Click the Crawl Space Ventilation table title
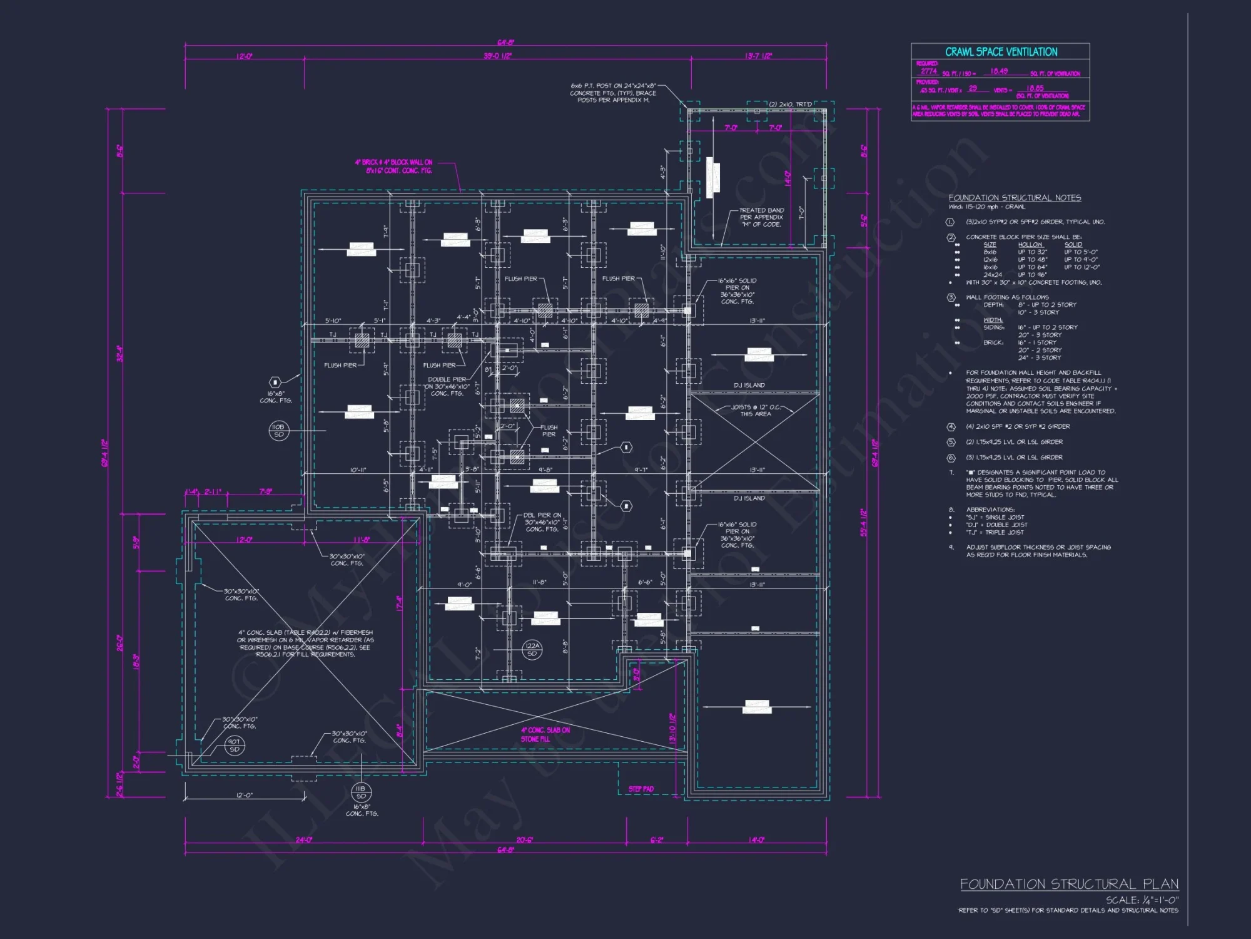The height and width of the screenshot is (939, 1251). [x=1001, y=52]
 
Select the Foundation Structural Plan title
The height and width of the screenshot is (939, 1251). [x=1069, y=884]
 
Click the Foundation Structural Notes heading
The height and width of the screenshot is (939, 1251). [x=1015, y=198]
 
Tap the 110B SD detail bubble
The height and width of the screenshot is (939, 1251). [x=278, y=431]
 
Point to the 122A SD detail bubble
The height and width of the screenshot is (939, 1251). [x=532, y=650]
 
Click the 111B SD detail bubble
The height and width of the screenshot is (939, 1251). [x=361, y=792]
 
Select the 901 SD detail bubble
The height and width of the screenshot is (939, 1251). [x=234, y=745]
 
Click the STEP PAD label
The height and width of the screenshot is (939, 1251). [x=641, y=789]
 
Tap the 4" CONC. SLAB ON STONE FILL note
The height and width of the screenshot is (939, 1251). [x=545, y=734]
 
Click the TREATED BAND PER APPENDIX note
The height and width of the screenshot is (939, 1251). [x=761, y=217]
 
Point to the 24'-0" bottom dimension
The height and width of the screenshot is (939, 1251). [x=304, y=839]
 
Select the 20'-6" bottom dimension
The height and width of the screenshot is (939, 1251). [x=524, y=839]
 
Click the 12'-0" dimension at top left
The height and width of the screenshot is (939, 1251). [x=244, y=56]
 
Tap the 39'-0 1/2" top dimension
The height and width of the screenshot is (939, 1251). [x=497, y=56]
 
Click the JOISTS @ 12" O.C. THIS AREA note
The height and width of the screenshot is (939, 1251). [x=755, y=410]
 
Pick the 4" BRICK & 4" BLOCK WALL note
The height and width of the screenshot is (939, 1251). [x=394, y=166]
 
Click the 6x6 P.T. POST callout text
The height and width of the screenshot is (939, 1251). [x=613, y=93]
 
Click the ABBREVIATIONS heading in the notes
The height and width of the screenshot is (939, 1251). [x=990, y=510]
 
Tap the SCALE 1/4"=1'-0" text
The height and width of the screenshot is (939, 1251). [x=1142, y=900]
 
